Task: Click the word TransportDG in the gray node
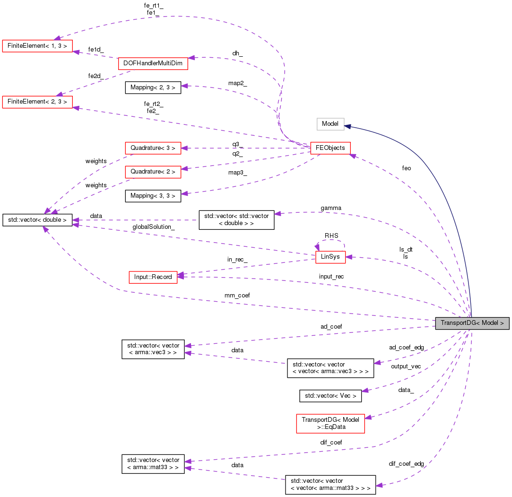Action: (457, 323)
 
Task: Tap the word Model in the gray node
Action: (490, 323)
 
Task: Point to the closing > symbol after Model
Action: (502, 323)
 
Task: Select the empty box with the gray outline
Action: (330, 124)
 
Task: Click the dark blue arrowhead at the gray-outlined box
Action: (347, 126)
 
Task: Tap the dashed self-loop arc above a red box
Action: (330, 241)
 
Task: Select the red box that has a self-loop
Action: (330, 257)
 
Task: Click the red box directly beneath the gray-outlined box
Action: (330, 148)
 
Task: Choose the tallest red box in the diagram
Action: (330, 424)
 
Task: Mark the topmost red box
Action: (37, 46)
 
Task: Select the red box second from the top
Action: (153, 63)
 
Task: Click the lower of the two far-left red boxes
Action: (37, 102)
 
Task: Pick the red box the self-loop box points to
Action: (153, 278)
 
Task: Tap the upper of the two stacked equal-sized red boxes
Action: (153, 148)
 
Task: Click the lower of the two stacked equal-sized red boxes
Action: (153, 172)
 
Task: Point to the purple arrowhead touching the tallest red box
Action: (368, 417)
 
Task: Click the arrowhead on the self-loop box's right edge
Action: (349, 257)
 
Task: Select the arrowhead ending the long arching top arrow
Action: (57, 38)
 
